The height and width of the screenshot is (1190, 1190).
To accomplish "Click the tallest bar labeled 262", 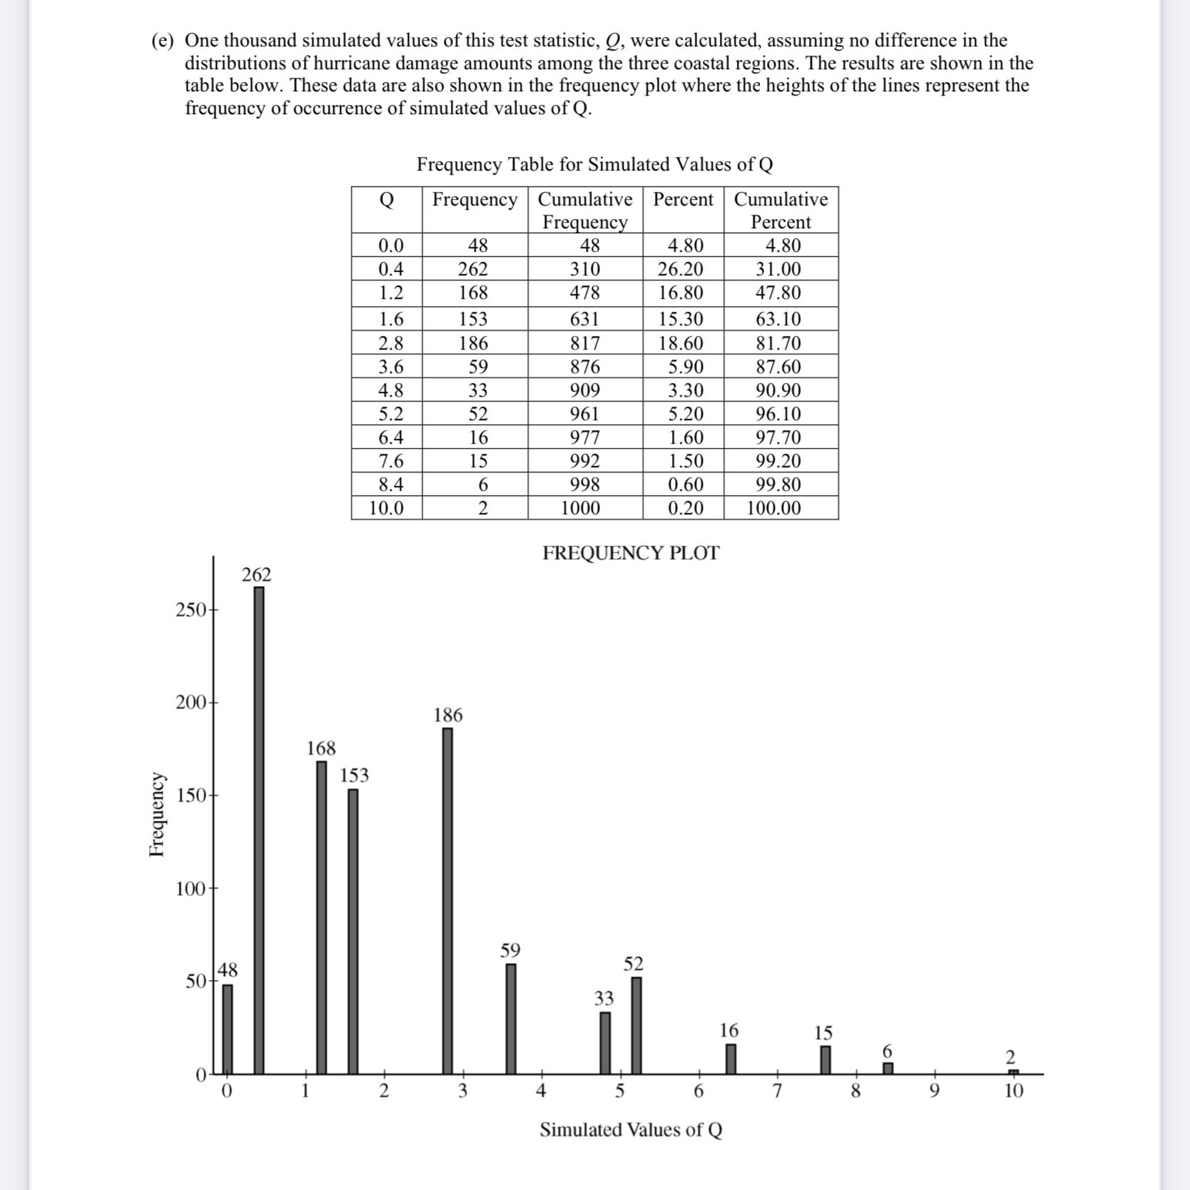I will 258,828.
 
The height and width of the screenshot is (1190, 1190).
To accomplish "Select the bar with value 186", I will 447,899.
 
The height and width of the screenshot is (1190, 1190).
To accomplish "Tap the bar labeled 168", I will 322,917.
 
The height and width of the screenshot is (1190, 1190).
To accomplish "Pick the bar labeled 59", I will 511,1019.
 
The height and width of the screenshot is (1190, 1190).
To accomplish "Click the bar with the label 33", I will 605,1042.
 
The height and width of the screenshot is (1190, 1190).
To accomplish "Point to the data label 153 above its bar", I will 354,775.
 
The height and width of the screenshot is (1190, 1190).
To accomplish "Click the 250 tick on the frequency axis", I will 191,610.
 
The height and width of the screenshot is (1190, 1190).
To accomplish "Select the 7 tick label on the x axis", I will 777,1091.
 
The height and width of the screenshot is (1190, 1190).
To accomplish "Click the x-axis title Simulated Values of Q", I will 631,1129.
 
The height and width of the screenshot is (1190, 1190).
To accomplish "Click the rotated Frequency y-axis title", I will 157,813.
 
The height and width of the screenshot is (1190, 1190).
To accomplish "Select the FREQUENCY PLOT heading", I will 631,553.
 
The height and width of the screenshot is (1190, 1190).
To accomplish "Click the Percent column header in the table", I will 683,200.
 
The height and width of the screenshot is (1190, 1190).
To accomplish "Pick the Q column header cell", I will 386,200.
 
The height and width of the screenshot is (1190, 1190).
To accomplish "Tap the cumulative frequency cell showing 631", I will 584,319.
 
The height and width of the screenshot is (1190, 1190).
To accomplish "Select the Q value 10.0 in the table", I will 386,508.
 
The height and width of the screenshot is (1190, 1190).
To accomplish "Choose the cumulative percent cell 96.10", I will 778,414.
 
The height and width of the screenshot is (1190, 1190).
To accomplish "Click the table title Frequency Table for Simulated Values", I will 594,165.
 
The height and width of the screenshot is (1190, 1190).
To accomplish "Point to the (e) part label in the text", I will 162,41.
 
